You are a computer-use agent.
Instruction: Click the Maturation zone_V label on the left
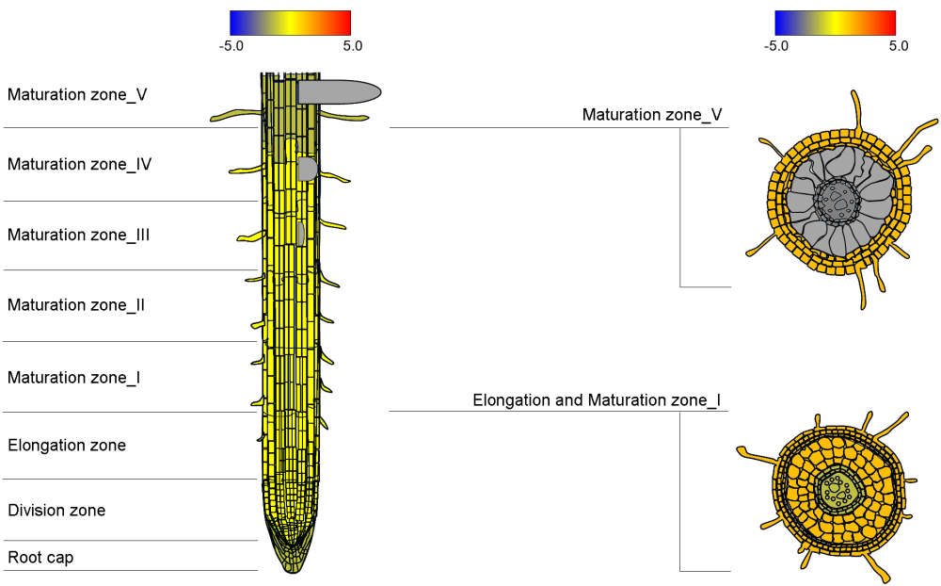click(77, 94)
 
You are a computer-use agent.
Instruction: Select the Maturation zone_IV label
click(80, 164)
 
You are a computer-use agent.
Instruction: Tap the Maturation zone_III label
click(79, 235)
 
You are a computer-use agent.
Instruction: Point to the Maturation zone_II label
click(76, 305)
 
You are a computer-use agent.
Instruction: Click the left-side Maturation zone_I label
click(74, 378)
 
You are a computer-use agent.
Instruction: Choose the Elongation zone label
click(67, 445)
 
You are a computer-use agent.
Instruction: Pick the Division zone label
click(56, 511)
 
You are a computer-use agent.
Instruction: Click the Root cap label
click(40, 558)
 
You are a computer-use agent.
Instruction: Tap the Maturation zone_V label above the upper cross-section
click(652, 115)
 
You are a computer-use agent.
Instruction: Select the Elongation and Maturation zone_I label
click(597, 400)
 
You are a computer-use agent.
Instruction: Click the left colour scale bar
click(290, 23)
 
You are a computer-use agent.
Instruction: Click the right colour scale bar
click(835, 23)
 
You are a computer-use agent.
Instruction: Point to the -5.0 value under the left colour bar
click(231, 45)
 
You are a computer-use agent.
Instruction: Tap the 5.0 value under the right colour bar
click(899, 45)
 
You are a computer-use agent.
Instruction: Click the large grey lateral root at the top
click(339, 91)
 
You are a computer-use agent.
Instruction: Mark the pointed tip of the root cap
click(292, 569)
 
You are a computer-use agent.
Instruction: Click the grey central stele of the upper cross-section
click(836, 199)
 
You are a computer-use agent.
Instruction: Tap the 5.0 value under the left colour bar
click(353, 45)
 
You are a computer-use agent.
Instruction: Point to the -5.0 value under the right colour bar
click(776, 45)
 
